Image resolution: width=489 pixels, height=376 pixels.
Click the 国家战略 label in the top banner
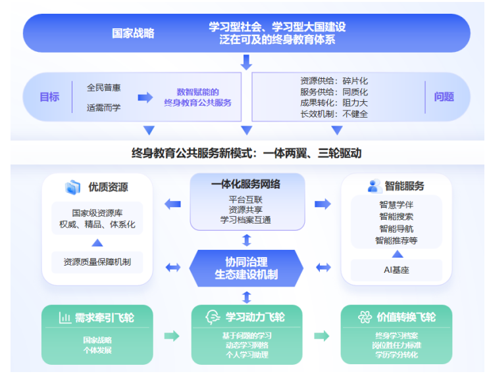[x=133, y=33]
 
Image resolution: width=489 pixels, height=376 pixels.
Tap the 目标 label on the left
[x=49, y=97]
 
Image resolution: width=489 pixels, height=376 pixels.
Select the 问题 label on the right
[x=444, y=97]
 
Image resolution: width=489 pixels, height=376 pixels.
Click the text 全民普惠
[x=104, y=87]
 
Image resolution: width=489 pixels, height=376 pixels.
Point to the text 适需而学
[x=104, y=107]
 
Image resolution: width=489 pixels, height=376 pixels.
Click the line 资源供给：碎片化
[x=334, y=81]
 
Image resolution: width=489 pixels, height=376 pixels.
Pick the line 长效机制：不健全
[x=334, y=114]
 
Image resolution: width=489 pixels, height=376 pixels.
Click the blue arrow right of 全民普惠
[x=145, y=97]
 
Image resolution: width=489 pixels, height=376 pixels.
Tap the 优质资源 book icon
[x=72, y=187]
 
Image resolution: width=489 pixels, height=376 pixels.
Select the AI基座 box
[x=396, y=270]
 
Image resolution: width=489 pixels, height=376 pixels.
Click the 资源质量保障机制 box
[x=97, y=262]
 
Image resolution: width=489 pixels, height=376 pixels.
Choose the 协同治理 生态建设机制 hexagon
[x=246, y=268]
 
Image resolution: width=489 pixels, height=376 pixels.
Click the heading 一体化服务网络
[x=246, y=185]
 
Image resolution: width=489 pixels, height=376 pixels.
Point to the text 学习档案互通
[x=246, y=220]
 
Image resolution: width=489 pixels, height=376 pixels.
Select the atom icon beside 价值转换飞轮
[x=365, y=317]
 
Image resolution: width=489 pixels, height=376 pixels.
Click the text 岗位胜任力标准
[x=396, y=345]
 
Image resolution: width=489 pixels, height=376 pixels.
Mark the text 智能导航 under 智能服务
[x=396, y=228]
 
